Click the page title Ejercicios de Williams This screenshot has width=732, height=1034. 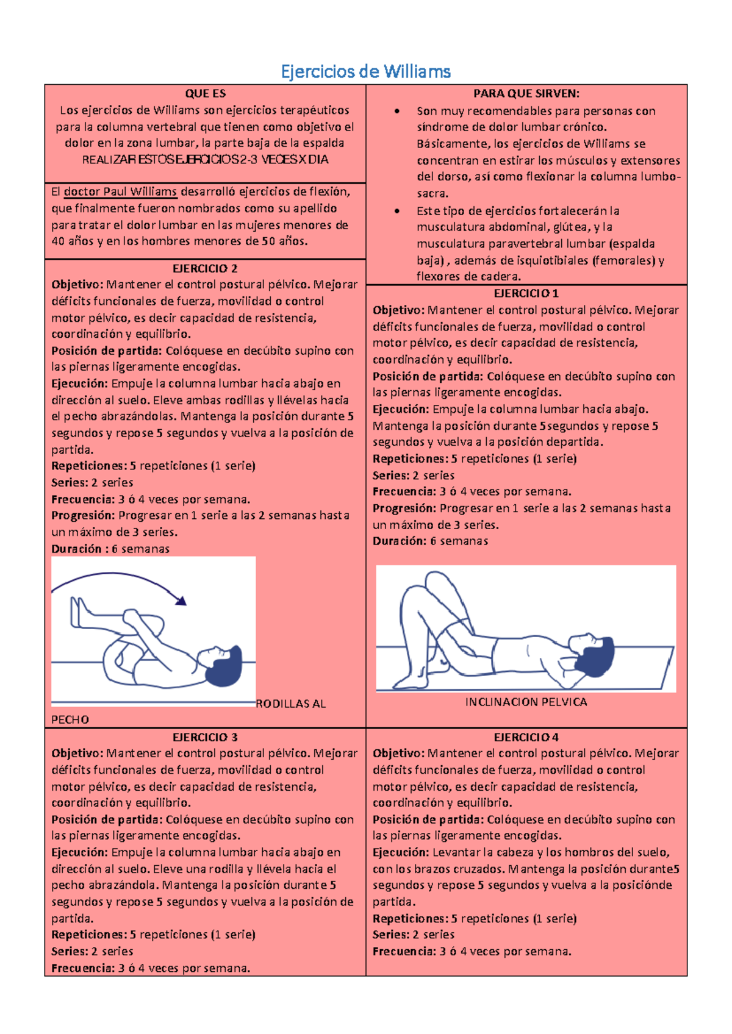click(x=366, y=72)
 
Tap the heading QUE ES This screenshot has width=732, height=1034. click(x=205, y=94)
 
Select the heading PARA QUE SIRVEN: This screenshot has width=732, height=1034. click(x=526, y=94)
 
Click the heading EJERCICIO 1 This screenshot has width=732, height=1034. click(x=526, y=294)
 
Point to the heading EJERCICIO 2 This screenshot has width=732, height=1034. click(x=205, y=269)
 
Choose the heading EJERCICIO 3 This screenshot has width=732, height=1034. click(x=205, y=737)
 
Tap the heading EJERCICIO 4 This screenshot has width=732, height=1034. click(x=526, y=737)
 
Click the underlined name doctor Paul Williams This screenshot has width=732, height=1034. click(x=121, y=191)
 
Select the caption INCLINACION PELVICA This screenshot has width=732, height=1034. click(x=526, y=702)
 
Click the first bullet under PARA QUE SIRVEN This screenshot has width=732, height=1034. click(x=396, y=111)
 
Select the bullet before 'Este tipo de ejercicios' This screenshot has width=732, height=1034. click(x=396, y=212)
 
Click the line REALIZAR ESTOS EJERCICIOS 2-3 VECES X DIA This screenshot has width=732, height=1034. click(x=205, y=160)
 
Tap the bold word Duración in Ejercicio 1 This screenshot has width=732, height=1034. click(x=399, y=541)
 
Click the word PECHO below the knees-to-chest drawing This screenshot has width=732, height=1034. click(x=70, y=719)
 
